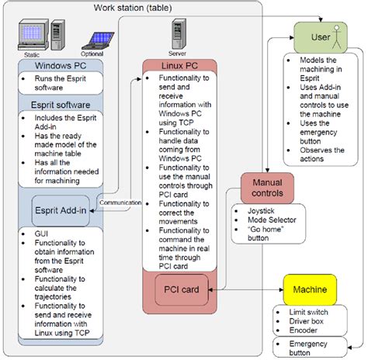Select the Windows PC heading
click(x=60, y=67)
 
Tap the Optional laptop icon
click(x=93, y=40)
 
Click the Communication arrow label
click(x=120, y=202)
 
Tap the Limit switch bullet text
click(x=300, y=311)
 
